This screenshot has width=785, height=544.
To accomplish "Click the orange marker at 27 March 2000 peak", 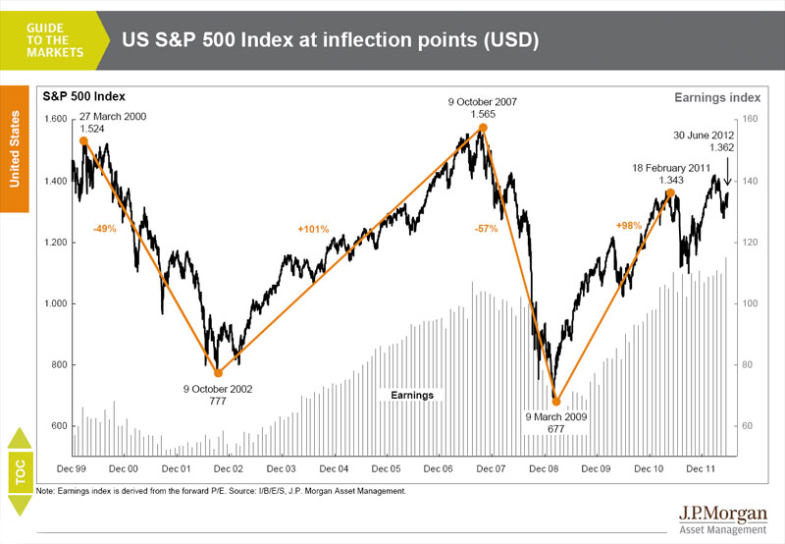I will click(x=82, y=141).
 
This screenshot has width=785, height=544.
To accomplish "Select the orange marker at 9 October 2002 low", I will click(x=218, y=373).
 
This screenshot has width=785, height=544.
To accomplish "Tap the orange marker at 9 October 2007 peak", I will click(x=482, y=129).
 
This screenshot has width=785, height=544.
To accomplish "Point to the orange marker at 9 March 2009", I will click(x=555, y=401).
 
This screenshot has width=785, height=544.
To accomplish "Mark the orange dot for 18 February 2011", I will click(x=671, y=192).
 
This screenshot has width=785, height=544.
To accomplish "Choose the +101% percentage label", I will click(x=312, y=229).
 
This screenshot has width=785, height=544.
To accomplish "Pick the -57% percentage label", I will click(x=486, y=228).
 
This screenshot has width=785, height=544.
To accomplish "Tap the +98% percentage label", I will click(x=629, y=226).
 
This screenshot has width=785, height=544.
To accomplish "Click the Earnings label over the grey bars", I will click(x=412, y=395).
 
